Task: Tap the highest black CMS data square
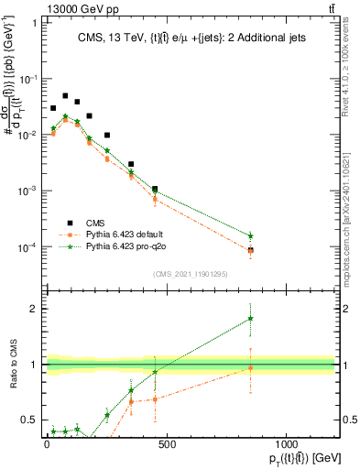point(65,95)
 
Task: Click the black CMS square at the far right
point(250,250)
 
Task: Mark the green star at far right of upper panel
point(250,236)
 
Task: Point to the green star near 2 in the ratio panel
point(250,319)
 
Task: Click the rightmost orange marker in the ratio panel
point(250,368)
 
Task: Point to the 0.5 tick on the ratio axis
point(30,420)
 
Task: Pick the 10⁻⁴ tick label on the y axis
point(27,247)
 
